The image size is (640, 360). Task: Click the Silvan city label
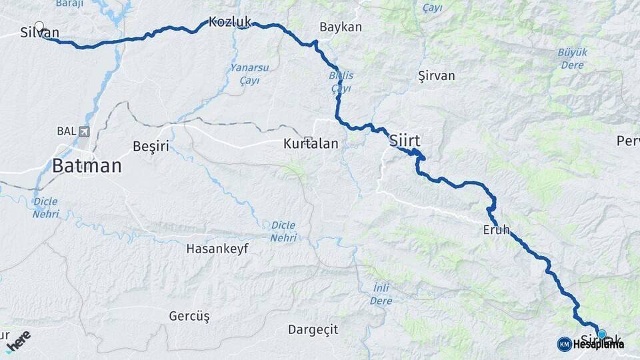tap(39, 33)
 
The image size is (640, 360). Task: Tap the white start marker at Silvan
tap(39, 27)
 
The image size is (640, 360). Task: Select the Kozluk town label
tap(229, 22)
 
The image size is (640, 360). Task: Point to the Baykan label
tap(340, 27)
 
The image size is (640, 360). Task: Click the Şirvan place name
tap(436, 75)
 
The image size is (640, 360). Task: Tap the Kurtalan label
tap(311, 143)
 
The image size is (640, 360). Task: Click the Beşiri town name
tap(151, 146)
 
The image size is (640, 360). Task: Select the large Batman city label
tap(87, 166)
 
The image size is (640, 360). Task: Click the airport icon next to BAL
tap(83, 131)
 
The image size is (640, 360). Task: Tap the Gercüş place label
tap(189, 315)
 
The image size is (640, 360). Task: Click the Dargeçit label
tap(313, 329)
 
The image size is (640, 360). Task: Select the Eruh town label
tap(496, 230)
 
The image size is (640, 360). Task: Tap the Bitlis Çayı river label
tap(341, 82)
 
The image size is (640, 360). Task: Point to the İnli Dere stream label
tap(381, 294)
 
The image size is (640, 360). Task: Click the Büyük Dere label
tap(572, 59)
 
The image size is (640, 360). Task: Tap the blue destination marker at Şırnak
tap(602, 334)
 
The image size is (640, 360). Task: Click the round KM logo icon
tap(564, 344)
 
